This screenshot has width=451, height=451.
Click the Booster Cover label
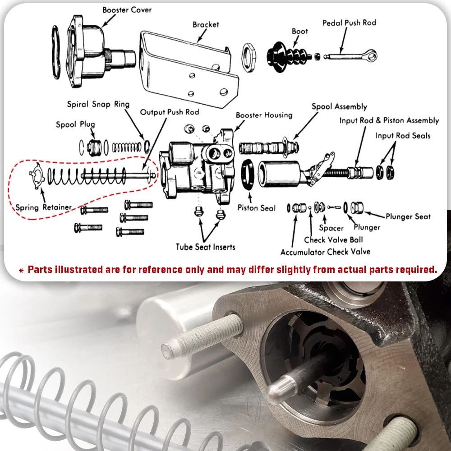click(x=127, y=9)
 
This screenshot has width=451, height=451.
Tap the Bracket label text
click(x=206, y=24)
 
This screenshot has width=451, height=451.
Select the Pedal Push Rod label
click(x=349, y=23)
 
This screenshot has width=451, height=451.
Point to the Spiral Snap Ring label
click(x=98, y=104)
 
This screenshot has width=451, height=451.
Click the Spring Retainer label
click(x=43, y=207)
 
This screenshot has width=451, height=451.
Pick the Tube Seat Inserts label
click(x=205, y=247)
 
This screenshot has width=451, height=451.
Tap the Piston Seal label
click(x=256, y=208)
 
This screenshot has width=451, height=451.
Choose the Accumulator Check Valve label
click(x=325, y=252)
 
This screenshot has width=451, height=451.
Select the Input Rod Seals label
click(x=403, y=135)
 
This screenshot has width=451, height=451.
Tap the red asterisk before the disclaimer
click(x=21, y=271)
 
